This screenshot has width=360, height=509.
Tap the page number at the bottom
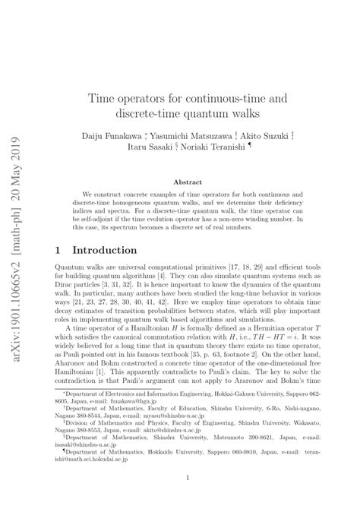coord(188,478)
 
